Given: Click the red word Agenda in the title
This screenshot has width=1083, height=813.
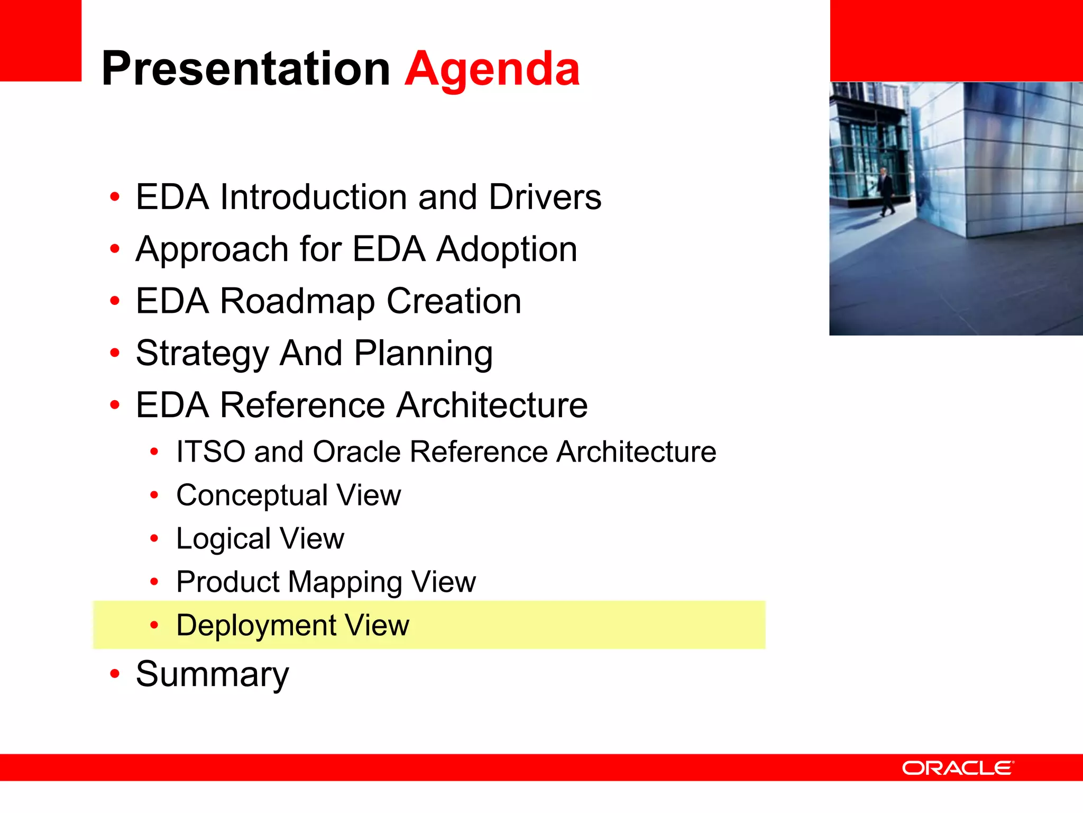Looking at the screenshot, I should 492,70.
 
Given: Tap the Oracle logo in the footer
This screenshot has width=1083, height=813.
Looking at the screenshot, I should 958,767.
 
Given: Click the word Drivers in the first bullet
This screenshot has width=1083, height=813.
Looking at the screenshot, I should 545,197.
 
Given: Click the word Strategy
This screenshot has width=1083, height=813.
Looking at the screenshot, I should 202,354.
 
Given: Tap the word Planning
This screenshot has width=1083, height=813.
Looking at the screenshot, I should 423,354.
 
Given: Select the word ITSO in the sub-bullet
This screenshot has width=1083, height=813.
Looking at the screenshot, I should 210,452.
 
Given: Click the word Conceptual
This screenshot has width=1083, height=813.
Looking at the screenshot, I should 252,495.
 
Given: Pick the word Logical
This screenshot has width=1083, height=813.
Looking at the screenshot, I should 223,539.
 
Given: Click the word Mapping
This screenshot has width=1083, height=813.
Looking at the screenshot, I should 345,582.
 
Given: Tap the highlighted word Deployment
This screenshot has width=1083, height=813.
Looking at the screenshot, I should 256,626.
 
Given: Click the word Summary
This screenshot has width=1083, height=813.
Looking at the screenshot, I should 212,674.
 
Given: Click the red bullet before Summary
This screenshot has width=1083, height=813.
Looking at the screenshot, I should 115,674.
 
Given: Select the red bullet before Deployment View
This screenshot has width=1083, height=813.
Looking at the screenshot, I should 154,625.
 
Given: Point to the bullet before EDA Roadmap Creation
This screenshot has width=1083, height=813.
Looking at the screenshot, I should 115,301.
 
